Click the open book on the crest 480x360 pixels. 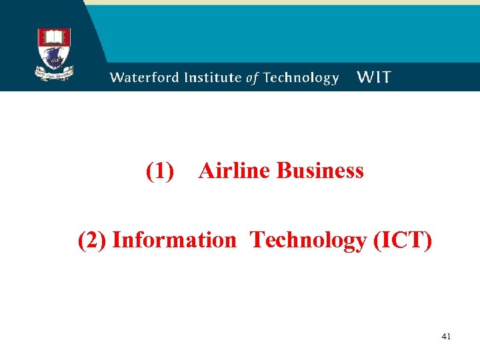click(x=54, y=36)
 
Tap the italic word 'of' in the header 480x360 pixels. click(x=252, y=78)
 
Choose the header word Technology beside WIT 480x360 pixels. click(x=301, y=78)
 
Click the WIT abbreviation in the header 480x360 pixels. click(x=374, y=77)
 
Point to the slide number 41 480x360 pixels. click(x=446, y=337)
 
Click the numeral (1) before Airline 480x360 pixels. click(x=160, y=171)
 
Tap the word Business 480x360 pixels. click(x=320, y=171)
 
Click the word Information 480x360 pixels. click(x=174, y=240)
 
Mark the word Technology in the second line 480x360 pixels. click(x=307, y=241)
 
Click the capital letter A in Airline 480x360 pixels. click(x=206, y=171)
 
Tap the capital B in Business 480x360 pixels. click(x=283, y=171)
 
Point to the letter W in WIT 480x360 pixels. click(x=365, y=77)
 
